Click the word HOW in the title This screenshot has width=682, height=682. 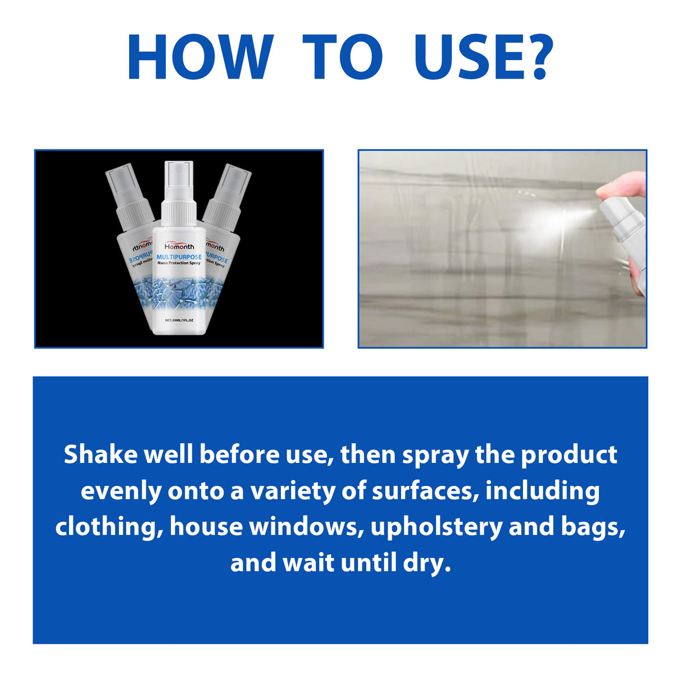[x=200, y=57]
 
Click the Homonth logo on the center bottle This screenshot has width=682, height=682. [x=179, y=247]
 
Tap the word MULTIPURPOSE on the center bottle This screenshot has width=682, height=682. [x=179, y=257]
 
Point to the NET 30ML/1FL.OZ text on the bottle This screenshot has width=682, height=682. [x=179, y=320]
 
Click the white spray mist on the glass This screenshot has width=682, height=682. [x=548, y=220]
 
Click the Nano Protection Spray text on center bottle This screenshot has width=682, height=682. [x=179, y=263]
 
